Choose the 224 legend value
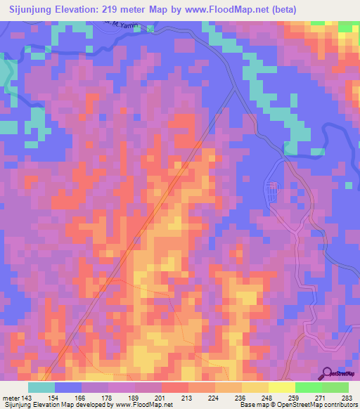(214, 398)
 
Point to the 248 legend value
(268, 398)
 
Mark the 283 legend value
(348, 398)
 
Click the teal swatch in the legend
(41, 387)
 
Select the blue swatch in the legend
(68, 387)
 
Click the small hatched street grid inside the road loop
(273, 190)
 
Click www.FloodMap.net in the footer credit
(143, 405)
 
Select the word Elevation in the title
(77, 9)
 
